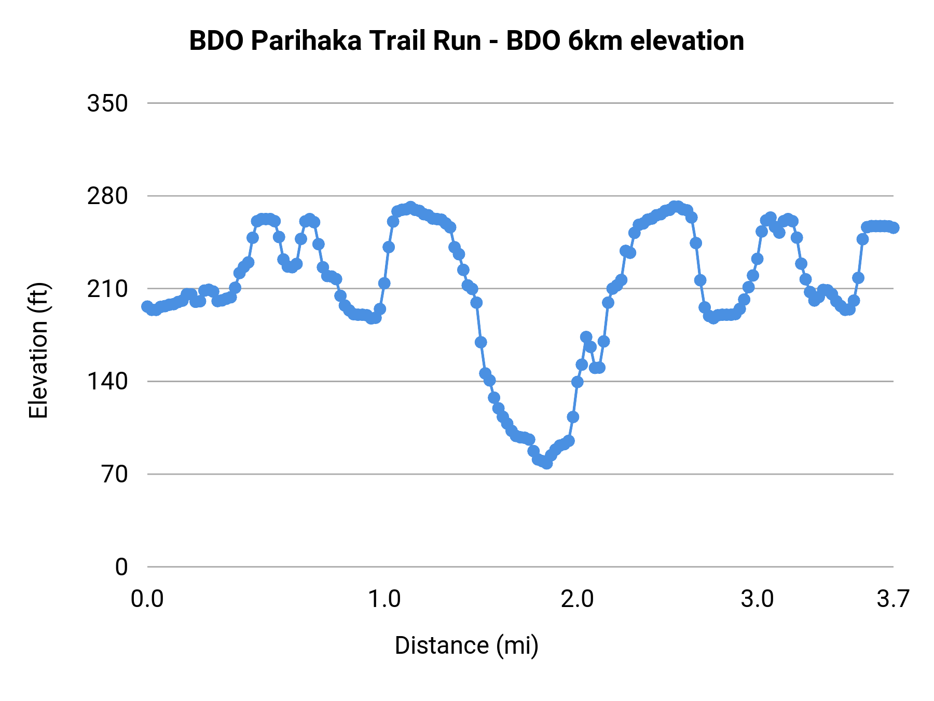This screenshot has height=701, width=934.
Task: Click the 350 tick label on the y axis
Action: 107,104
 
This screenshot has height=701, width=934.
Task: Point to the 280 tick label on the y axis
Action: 107,196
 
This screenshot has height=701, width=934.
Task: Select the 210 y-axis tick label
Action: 107,289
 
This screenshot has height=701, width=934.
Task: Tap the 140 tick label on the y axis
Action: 107,382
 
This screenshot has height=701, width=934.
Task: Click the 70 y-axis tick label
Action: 115,475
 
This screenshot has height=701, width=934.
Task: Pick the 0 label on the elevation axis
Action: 121,567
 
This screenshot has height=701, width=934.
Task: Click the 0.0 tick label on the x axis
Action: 147,599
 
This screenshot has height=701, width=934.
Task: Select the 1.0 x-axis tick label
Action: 384,599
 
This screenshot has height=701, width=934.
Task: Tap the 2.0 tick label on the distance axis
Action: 577,599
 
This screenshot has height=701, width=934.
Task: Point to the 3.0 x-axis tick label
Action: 757,599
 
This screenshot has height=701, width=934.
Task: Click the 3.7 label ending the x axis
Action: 893,599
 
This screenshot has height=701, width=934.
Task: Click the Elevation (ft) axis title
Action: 38,351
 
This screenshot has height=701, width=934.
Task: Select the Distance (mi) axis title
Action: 466,645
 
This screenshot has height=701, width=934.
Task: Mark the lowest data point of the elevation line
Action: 546,463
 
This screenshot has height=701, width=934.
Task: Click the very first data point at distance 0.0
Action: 147,306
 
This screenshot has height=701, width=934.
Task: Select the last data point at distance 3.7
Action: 894,228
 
